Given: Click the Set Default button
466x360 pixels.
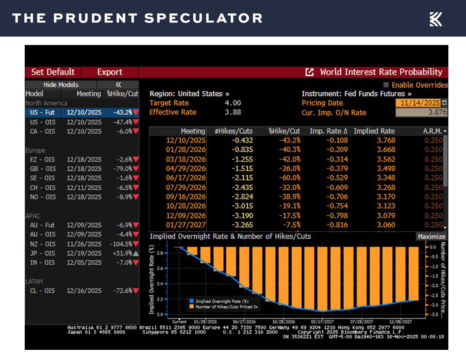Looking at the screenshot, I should pos(53,72).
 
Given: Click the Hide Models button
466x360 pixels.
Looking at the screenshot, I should pos(61,85).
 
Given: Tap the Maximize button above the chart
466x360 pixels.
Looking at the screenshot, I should pos(432,237).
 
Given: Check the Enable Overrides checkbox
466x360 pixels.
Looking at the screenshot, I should pos(386,85).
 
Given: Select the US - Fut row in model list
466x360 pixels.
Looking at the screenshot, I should pos(42,112).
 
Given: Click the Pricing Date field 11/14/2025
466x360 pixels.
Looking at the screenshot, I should pos(419,103).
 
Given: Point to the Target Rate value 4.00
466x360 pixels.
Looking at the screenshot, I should pos(233,103).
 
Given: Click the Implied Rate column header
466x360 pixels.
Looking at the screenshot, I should pos(374,131).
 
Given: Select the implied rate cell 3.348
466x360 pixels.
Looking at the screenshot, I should pos(386,178).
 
